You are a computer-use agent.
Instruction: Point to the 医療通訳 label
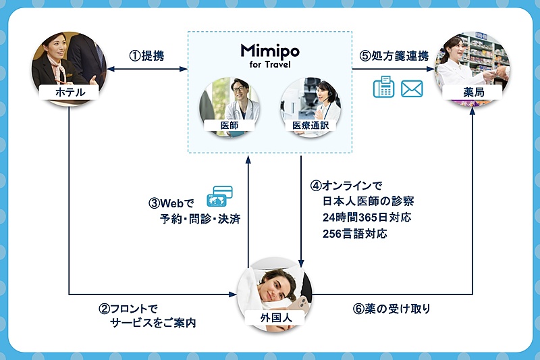coord(310,125)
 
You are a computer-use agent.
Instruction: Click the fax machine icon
coord(383,88)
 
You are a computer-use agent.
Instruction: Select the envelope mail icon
coord(412,88)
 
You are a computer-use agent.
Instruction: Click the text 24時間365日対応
coord(367,217)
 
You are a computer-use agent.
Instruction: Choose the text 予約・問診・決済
coord(196,219)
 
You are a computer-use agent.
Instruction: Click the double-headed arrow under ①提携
coord(148,69)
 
